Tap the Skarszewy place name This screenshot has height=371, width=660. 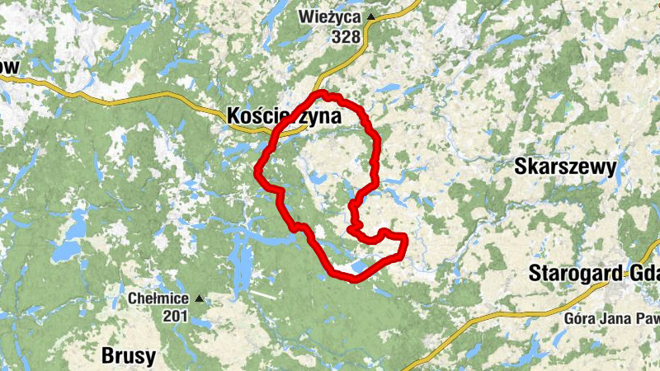point(565,167)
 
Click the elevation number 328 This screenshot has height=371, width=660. point(347,36)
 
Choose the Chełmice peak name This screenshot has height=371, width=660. point(158,298)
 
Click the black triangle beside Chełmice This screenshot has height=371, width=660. point(197,298)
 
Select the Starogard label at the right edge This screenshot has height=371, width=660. point(594,273)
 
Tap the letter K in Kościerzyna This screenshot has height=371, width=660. point(233,117)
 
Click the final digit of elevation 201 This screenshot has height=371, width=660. point(185,316)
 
